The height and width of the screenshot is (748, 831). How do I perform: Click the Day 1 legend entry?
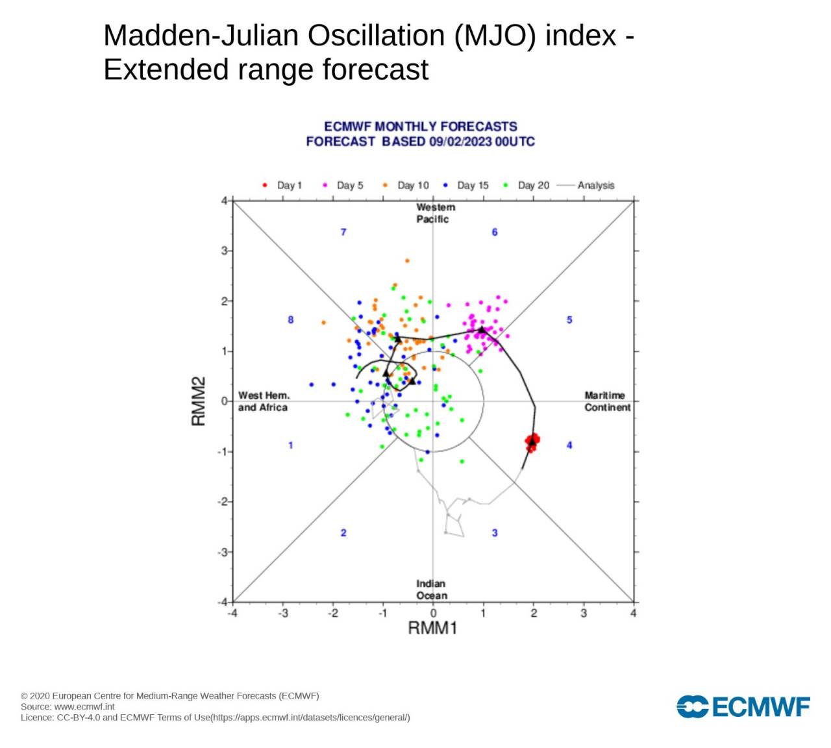pyautogui.click(x=282, y=185)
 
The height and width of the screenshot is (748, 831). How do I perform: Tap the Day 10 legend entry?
pyautogui.click(x=406, y=185)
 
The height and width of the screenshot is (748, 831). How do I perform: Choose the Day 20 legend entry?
pyautogui.click(x=527, y=185)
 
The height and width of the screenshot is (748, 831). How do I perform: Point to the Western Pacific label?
pyautogui.click(x=434, y=213)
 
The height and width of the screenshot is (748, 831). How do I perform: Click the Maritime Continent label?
pyautogui.click(x=607, y=401)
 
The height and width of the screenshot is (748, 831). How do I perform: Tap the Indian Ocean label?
pyautogui.click(x=431, y=590)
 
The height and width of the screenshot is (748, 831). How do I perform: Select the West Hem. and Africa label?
pyautogui.click(x=263, y=401)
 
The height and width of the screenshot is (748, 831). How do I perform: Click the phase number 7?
pyautogui.click(x=343, y=232)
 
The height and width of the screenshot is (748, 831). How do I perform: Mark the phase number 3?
pyautogui.click(x=495, y=533)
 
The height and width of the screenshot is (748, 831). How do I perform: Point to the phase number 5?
pyautogui.click(x=569, y=320)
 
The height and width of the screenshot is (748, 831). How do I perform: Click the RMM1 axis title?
pyautogui.click(x=432, y=628)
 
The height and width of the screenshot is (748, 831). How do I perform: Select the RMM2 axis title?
pyautogui.click(x=199, y=401)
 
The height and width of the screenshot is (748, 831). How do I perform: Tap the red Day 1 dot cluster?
pyautogui.click(x=532, y=442)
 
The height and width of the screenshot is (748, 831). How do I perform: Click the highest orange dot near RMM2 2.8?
pyautogui.click(x=407, y=261)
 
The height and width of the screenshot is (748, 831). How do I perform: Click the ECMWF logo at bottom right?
pyautogui.click(x=743, y=706)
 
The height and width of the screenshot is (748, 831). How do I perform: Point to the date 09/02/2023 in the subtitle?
pyautogui.click(x=460, y=142)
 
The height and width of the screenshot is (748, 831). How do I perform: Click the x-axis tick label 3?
pyautogui.click(x=584, y=614)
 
